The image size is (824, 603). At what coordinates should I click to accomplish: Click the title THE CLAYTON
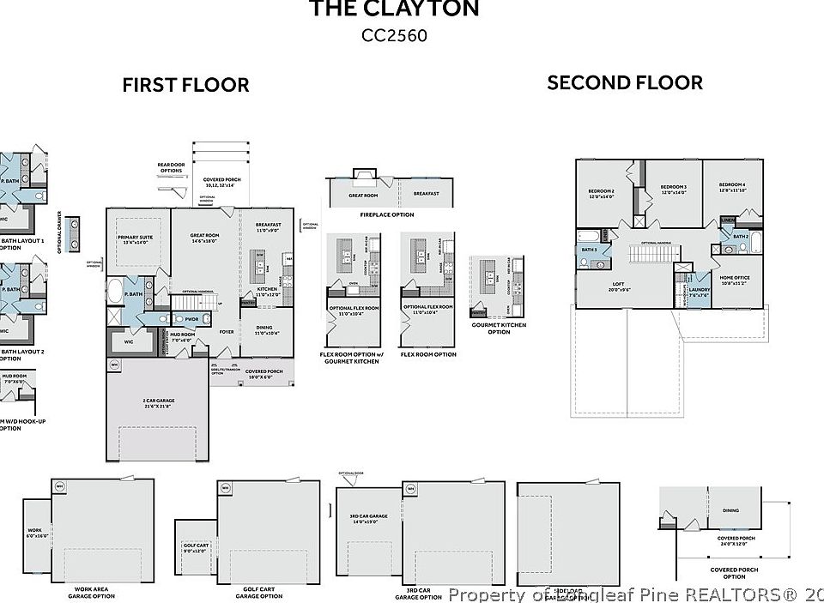coord(394,9)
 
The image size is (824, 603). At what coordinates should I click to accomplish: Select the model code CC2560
coord(394,35)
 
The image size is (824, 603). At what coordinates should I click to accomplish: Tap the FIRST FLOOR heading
coord(185,85)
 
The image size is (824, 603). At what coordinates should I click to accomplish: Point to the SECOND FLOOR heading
coord(625,82)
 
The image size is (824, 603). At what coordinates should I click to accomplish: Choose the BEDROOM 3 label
coord(673,188)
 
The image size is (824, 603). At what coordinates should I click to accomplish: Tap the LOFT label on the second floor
coord(618,286)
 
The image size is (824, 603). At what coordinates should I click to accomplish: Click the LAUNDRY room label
coord(700,290)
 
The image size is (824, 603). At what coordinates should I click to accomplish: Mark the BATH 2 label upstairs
coord(741,235)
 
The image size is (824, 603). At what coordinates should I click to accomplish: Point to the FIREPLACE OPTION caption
coord(386,214)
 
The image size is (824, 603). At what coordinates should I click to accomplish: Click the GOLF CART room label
coord(196,546)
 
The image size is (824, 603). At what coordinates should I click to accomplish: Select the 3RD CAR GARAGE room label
coord(368,517)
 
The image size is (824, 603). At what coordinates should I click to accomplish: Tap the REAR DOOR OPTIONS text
coord(170,167)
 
